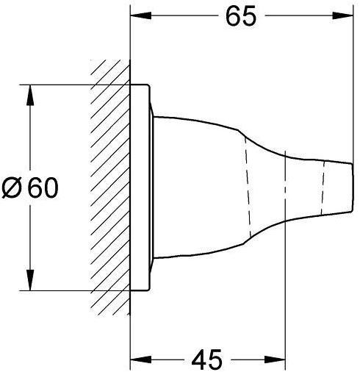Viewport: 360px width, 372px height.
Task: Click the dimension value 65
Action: point(240,17)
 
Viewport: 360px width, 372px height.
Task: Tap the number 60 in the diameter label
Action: point(43,189)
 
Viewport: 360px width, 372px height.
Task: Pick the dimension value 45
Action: point(207,360)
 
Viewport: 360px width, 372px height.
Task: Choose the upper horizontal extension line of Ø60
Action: point(73,85)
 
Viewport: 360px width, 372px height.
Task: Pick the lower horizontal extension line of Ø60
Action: point(73,292)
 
